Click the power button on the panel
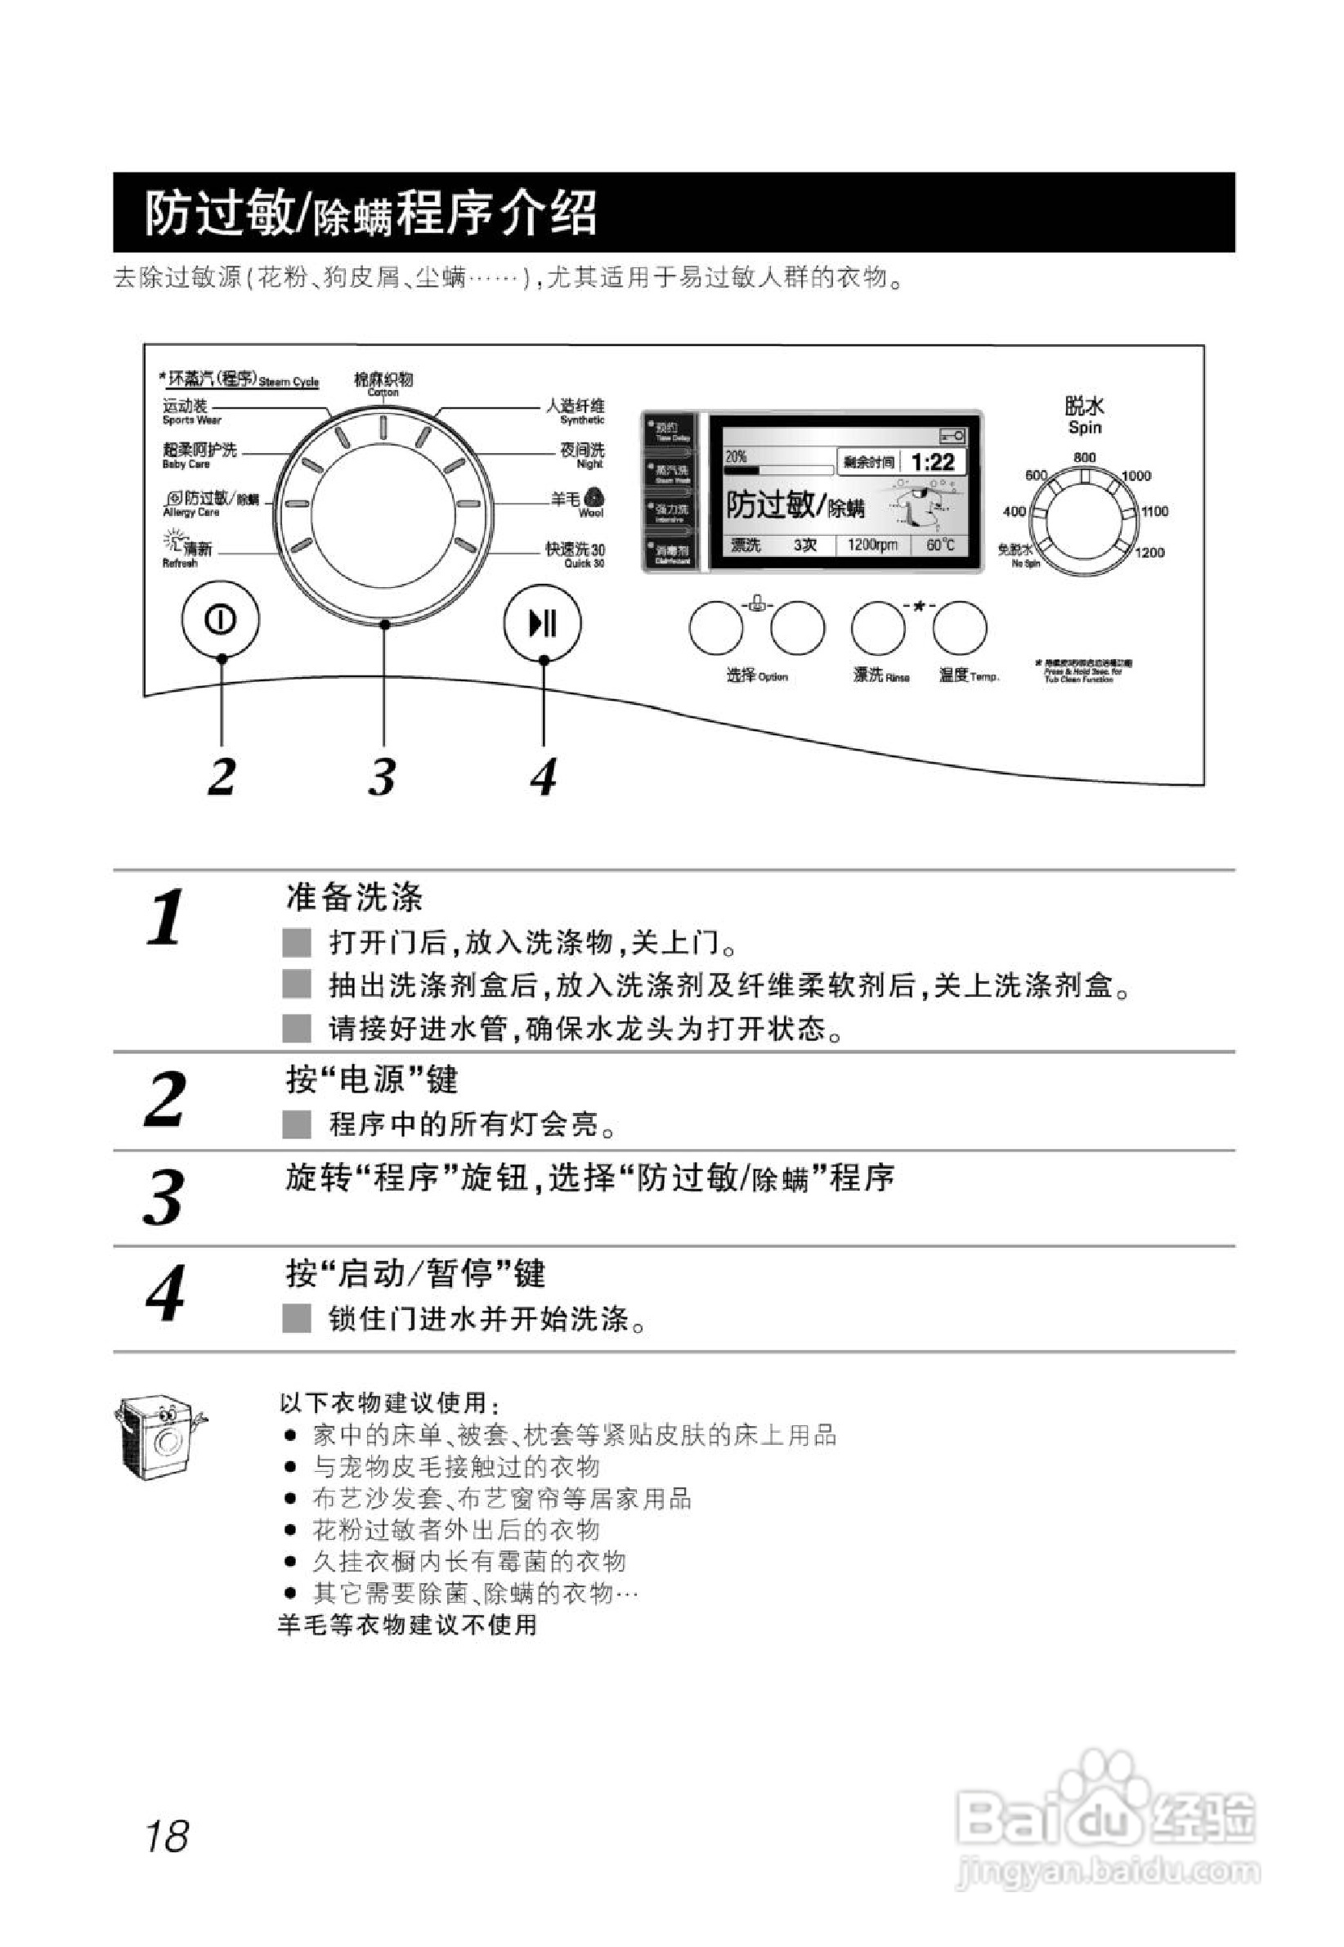coord(221,620)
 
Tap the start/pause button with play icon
coord(542,623)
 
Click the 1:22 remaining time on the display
coord(933,461)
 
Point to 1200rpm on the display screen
coord(871,545)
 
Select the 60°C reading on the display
coord(941,545)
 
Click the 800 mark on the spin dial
coord(1085,457)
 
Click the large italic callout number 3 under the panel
coord(383,777)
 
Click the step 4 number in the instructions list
coord(165,1294)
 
